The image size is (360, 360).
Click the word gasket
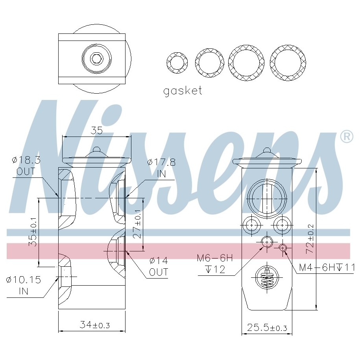[x=183, y=91]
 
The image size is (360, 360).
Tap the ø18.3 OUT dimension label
[x=26, y=166]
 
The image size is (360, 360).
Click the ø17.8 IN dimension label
[x=161, y=168]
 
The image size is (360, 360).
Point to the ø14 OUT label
[x=159, y=266]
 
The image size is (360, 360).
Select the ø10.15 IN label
[x=24, y=285]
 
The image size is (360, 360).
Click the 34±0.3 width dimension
[x=94, y=325]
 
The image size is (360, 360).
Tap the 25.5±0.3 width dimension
[x=267, y=327]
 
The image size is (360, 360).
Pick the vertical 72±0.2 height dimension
[x=310, y=239]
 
